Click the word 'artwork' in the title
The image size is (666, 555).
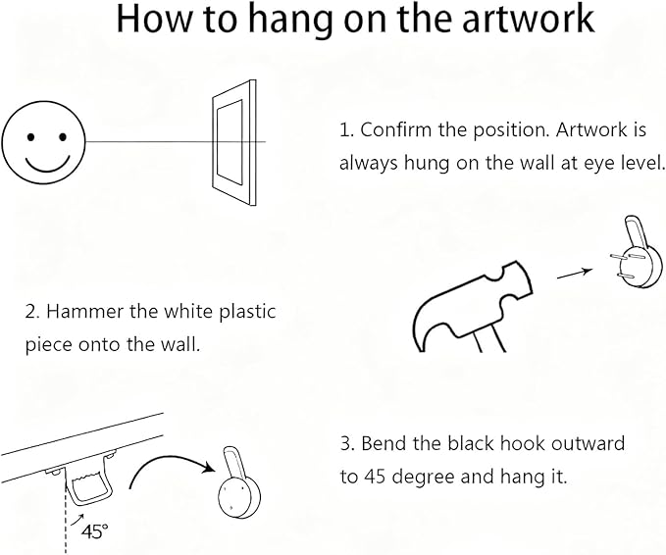pos(528,20)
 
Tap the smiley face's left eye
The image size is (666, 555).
pos(30,137)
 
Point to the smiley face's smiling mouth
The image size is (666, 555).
pos(47,165)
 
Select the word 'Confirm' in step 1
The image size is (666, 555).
pos(395,129)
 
